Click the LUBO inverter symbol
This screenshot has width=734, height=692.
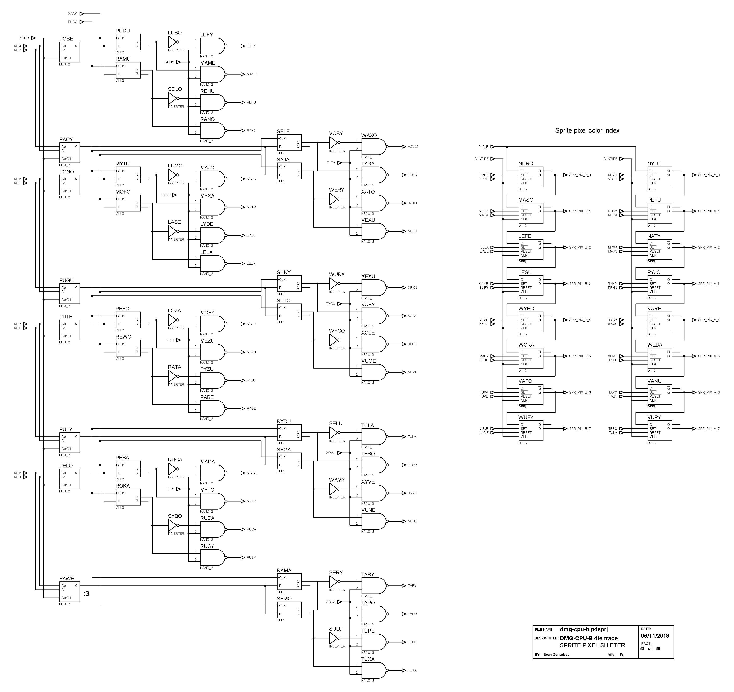(173, 42)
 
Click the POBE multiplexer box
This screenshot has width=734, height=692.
(69, 52)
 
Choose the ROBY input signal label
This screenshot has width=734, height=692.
(169, 62)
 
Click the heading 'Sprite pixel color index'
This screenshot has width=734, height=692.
(587, 130)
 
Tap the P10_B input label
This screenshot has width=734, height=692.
(483, 147)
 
